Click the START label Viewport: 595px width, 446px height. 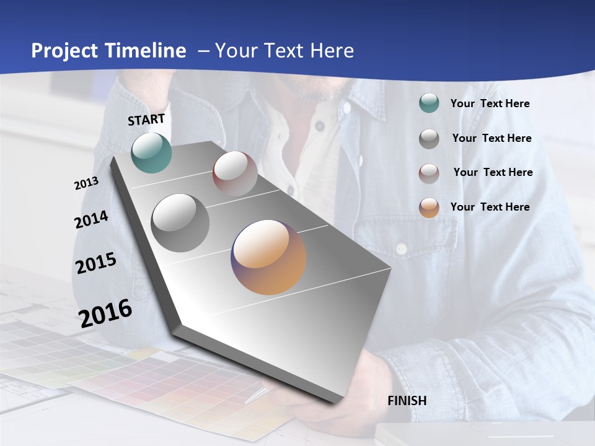click(x=146, y=120)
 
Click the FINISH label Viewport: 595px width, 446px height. click(x=407, y=400)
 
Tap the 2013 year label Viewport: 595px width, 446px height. click(x=86, y=183)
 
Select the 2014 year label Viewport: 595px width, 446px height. click(x=91, y=219)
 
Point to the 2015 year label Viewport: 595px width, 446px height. click(x=96, y=263)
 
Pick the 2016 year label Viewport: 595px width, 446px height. click(x=105, y=313)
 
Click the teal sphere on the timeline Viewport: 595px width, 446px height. click(x=152, y=152)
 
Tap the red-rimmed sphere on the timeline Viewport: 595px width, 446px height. click(x=235, y=173)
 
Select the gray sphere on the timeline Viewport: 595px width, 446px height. click(x=180, y=222)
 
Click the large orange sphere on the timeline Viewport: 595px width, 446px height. click(x=268, y=257)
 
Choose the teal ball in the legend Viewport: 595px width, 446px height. click(x=429, y=103)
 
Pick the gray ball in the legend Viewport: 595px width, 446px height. click(x=429, y=139)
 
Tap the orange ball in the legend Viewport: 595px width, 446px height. click(x=429, y=208)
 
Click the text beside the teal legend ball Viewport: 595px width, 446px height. click(x=490, y=103)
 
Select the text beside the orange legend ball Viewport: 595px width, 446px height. click(x=490, y=207)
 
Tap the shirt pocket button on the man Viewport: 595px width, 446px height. click(x=401, y=248)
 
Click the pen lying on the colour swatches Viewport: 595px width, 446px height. click(x=256, y=395)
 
